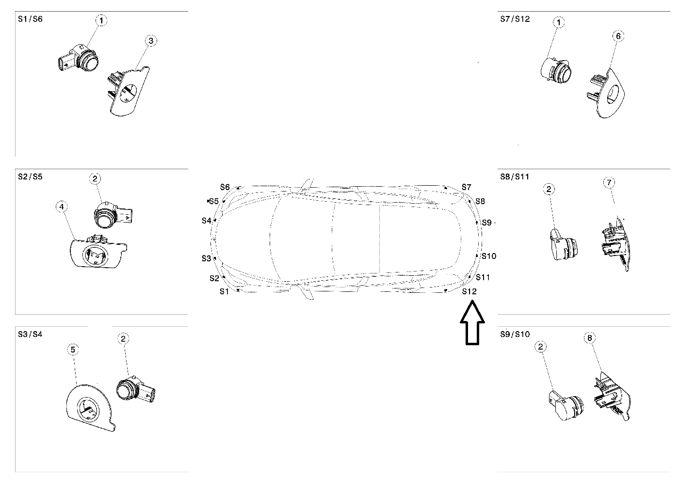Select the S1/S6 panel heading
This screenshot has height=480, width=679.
pos(30,19)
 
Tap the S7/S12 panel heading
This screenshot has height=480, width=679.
pos(515,19)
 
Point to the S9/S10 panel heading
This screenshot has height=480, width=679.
pos(515,334)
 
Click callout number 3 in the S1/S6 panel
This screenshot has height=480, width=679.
pos(151,41)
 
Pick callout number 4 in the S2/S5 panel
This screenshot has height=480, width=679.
pos(61,207)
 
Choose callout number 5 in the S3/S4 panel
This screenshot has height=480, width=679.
pos(73,349)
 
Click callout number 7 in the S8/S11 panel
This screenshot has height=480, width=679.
pos(609,182)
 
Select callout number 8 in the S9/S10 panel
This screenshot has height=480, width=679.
pos(590,338)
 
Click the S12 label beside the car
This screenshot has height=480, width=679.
pos(469,291)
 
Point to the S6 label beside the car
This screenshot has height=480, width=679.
pos(225,187)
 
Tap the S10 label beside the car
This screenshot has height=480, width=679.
pos(489,256)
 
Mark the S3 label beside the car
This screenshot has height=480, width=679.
pos(207,258)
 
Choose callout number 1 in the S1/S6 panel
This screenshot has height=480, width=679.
pos(101,20)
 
